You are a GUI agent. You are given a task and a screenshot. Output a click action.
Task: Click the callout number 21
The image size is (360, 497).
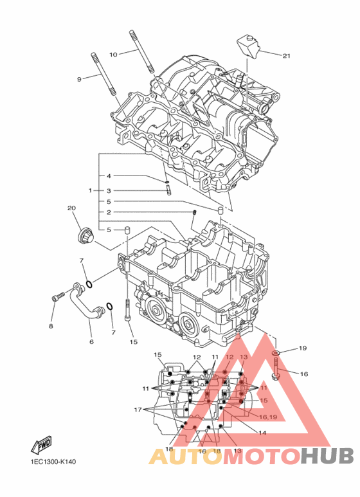click(286, 56)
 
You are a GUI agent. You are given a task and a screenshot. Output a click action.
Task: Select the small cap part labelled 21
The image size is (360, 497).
click(248, 47)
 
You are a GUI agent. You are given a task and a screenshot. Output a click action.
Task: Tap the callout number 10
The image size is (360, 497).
click(113, 55)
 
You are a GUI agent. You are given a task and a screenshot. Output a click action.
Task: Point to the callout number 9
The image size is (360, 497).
click(79, 79)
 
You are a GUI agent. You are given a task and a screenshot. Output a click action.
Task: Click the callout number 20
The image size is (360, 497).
click(71, 208)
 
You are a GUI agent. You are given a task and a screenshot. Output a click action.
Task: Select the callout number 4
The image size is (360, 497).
click(109, 176)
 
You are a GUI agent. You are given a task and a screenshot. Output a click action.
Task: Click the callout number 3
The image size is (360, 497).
click(109, 191)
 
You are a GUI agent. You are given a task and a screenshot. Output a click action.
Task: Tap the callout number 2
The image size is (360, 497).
click(109, 212)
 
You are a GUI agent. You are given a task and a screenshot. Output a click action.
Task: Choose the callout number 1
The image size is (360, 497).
click(90, 191)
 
